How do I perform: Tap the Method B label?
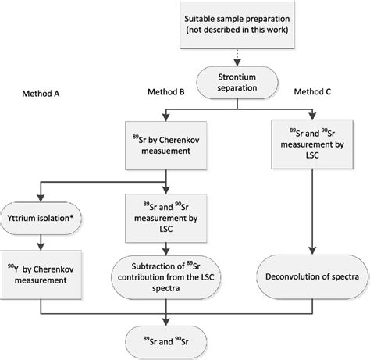[165, 93]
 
